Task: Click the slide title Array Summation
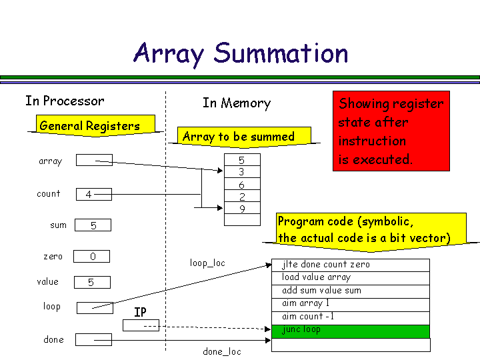(x=241, y=53)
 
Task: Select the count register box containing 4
(x=93, y=195)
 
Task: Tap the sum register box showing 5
(x=93, y=225)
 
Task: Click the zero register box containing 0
(x=91, y=257)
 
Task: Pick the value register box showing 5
(x=91, y=283)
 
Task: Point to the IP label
(x=140, y=312)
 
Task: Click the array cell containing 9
(x=241, y=209)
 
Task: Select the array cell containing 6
(x=241, y=185)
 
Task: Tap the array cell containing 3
(x=241, y=172)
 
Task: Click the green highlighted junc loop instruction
(x=351, y=330)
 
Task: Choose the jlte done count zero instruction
(x=351, y=265)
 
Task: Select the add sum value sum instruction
(x=351, y=291)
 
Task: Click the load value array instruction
(x=351, y=277)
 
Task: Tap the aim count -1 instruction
(x=351, y=317)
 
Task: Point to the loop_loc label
(x=207, y=263)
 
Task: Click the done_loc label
(x=222, y=351)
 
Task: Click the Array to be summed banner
(x=238, y=137)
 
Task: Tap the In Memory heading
(x=237, y=103)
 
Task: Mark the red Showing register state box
(x=391, y=131)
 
